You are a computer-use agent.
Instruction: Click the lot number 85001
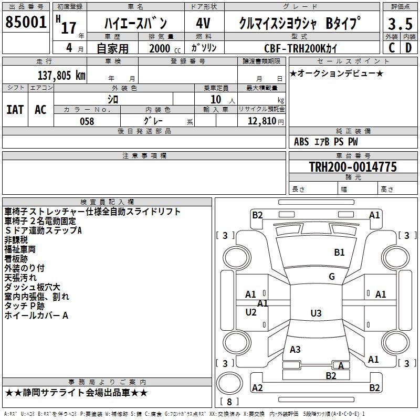pos(26,23)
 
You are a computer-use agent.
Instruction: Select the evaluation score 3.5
pos(400,25)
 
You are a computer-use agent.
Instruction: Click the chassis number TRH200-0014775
pos(353,167)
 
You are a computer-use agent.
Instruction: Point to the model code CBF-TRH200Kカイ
pos(301,48)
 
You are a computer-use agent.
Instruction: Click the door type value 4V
pos(203,24)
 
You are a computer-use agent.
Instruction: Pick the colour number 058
pos(87,121)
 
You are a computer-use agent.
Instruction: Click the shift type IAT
pos(15,109)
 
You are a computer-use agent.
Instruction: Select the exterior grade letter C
pos(391,48)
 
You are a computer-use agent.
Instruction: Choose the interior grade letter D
pos(408,48)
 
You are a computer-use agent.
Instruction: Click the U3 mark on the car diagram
pos(316,313)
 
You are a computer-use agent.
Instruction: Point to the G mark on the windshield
pos(331,277)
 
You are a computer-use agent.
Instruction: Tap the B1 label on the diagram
pos(339,253)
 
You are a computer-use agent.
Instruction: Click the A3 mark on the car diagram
pos(295,349)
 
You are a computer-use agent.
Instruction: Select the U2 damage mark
pos(251,312)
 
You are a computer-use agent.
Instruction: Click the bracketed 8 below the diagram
pos(229,402)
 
